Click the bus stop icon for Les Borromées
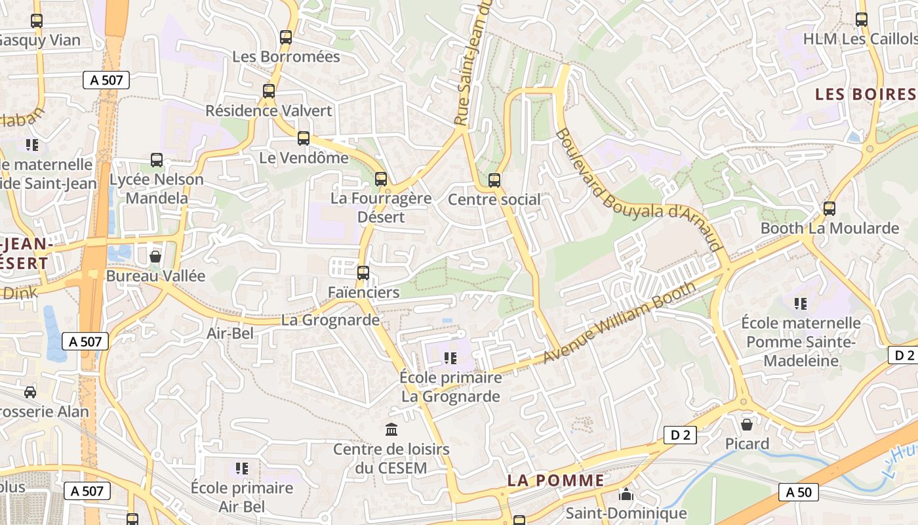click(286, 37)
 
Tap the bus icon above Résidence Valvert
click(269, 91)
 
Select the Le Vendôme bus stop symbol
click(303, 138)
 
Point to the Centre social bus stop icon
click(494, 180)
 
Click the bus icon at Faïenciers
click(363, 272)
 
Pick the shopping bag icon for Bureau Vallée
click(155, 257)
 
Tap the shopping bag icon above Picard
click(747, 425)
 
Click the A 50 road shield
click(799, 492)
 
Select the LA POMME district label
click(556, 480)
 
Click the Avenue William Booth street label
click(620, 322)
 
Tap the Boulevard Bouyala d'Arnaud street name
click(639, 190)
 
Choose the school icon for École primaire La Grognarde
click(450, 358)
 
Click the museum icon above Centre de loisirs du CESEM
click(391, 430)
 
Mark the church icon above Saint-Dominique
click(626, 494)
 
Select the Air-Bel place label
click(230, 333)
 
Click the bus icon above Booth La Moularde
click(829, 209)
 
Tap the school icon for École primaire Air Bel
click(242, 469)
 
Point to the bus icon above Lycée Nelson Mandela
click(157, 159)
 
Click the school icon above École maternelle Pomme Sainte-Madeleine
click(801, 303)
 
